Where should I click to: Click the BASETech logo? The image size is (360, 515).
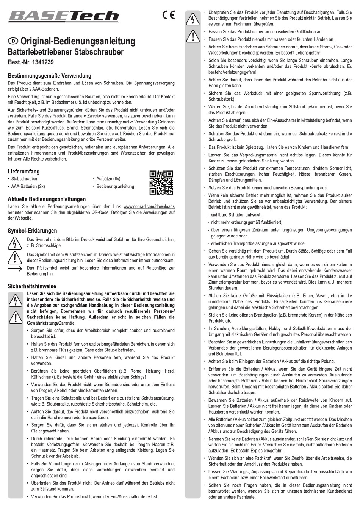coord(63,16)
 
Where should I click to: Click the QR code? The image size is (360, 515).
coord(161,182)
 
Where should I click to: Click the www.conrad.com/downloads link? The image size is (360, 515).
coord(149,206)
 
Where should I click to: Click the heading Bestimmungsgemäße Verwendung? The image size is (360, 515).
coord(49,76)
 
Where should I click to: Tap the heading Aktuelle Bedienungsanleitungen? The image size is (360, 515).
coord(47,199)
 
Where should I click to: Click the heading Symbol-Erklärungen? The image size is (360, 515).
coord(32,231)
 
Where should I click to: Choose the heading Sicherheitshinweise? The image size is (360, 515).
coord(32,286)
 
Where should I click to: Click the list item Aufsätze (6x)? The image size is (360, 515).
coord(108,179)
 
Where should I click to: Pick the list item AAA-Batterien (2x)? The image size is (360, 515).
coord(28,186)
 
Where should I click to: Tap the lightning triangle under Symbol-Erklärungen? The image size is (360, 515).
coord(15,243)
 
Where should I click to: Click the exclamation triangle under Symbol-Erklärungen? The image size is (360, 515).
coord(15,257)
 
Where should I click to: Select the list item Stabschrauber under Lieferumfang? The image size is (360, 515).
coord(25,179)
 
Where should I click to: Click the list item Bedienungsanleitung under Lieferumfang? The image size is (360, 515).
coord(115,186)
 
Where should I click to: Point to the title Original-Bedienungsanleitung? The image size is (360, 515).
coord(77,41)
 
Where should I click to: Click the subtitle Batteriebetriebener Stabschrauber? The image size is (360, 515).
coord(66,52)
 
